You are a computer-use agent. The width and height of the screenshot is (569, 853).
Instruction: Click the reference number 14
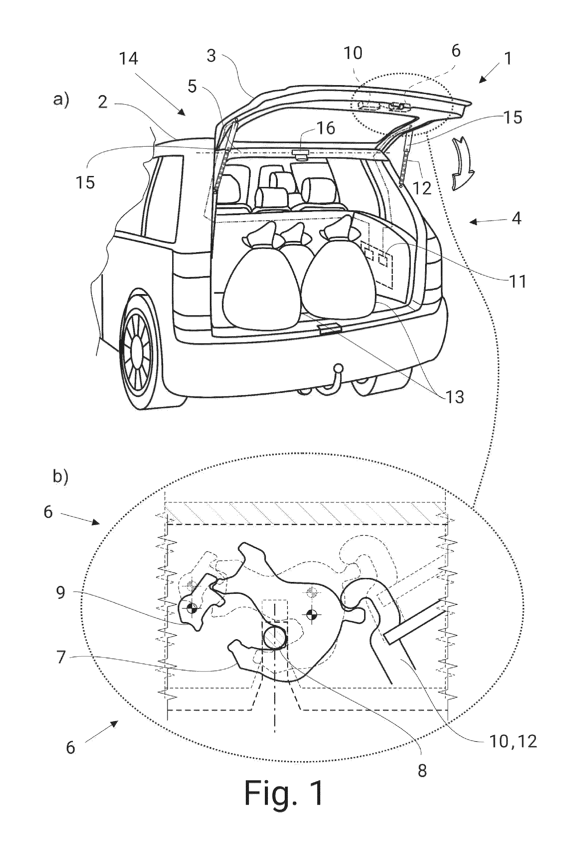tap(129, 58)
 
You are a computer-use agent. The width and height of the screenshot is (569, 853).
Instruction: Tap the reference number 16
tap(326, 128)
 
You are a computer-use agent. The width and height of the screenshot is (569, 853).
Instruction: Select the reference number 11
tap(517, 281)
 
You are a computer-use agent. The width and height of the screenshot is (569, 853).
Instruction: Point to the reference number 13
tap(455, 397)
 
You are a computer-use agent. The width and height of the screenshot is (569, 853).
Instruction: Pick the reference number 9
tap(61, 593)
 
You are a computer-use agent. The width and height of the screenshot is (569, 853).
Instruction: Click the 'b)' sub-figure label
tap(61, 476)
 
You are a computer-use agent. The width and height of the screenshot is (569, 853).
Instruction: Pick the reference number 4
tap(516, 218)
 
